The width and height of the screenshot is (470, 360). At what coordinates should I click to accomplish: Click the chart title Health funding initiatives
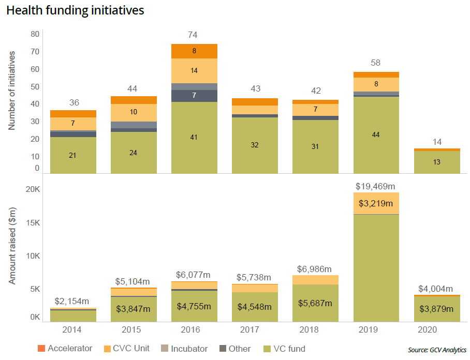click(x=75, y=10)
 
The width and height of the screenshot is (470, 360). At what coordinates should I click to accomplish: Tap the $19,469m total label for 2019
click(x=376, y=186)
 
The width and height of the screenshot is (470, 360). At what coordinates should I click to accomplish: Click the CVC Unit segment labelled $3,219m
click(x=376, y=203)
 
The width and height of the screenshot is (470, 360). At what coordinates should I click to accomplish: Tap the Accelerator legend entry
click(x=65, y=349)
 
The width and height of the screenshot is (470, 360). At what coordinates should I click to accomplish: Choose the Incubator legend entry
click(x=185, y=349)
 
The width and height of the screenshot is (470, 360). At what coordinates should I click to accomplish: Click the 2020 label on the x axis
click(x=437, y=330)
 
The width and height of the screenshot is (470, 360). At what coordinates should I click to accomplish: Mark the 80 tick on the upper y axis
click(x=35, y=34)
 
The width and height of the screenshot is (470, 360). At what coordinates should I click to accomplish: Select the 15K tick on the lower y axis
click(x=32, y=223)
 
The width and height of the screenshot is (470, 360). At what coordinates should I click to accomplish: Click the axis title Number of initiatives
click(x=12, y=91)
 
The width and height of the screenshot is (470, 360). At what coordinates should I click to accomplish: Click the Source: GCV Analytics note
click(x=437, y=350)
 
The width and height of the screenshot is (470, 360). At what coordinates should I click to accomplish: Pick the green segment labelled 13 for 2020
click(x=437, y=162)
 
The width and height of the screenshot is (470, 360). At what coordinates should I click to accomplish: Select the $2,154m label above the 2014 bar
click(x=73, y=301)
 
